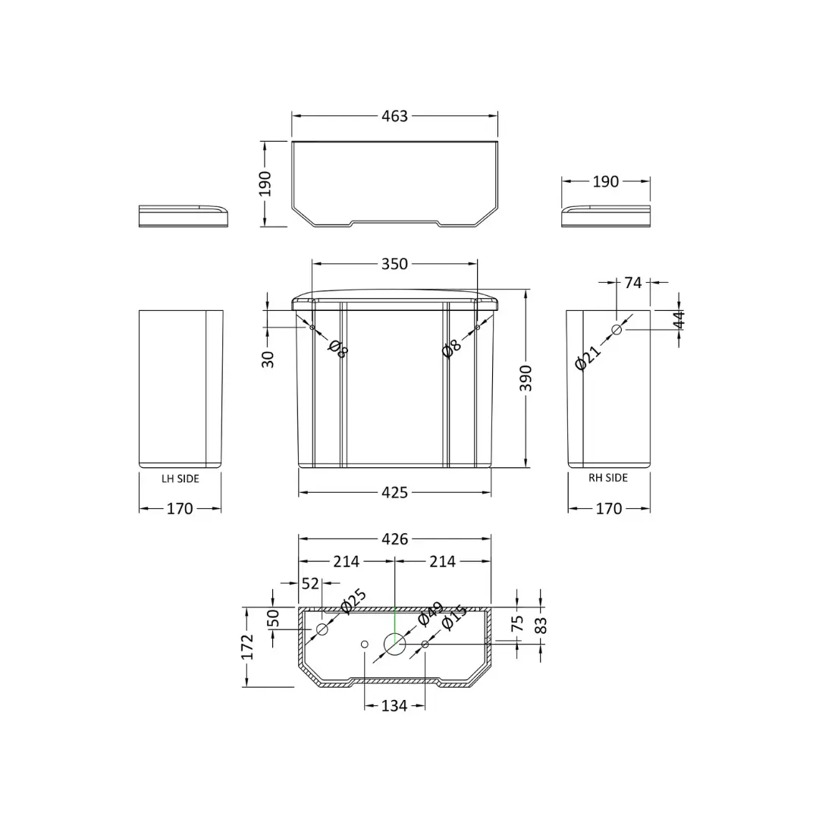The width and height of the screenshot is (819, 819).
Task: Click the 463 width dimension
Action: [x=394, y=116]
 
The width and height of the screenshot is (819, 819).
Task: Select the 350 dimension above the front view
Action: [x=394, y=264]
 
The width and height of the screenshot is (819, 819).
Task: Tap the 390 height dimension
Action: [x=526, y=378]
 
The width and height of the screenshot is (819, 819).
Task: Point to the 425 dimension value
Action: [x=394, y=493]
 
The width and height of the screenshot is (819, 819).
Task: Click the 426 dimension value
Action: [x=394, y=539]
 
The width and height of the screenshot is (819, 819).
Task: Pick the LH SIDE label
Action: [x=180, y=479]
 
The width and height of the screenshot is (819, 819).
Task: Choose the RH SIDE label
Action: [x=608, y=478]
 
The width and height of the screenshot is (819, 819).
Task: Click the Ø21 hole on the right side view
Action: [x=617, y=330]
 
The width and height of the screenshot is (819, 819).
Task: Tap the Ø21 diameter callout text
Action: [x=588, y=358]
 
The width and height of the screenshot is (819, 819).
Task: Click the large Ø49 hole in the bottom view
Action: [x=395, y=644]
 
